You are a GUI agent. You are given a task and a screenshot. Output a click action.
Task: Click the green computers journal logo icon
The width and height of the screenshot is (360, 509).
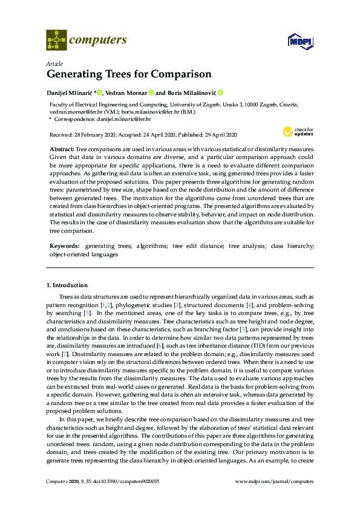pos(56,41)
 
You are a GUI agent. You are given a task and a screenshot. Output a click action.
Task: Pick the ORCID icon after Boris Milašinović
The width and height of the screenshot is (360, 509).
pos(221,93)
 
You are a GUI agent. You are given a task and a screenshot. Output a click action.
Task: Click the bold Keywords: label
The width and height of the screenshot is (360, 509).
pos(64,247)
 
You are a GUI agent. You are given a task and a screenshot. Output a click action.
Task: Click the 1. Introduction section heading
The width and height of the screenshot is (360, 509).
pos(67,285)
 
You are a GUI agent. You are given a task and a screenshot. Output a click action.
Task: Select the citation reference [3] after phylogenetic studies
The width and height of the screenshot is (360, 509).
pos(177,305)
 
